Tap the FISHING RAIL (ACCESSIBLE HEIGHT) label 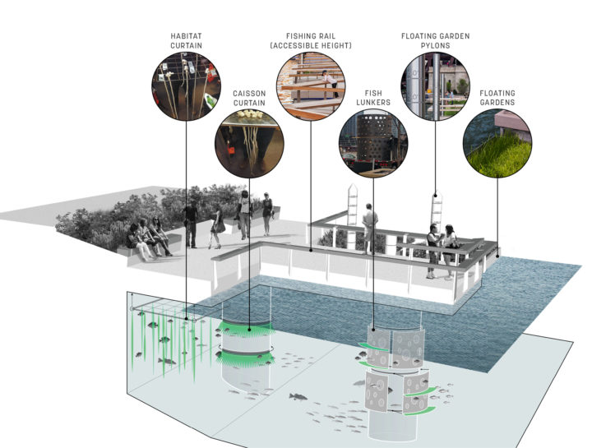click(x=311, y=41)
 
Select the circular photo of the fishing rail click(x=311, y=86)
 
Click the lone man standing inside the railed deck click(x=370, y=225)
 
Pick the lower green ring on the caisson click(x=246, y=358)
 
